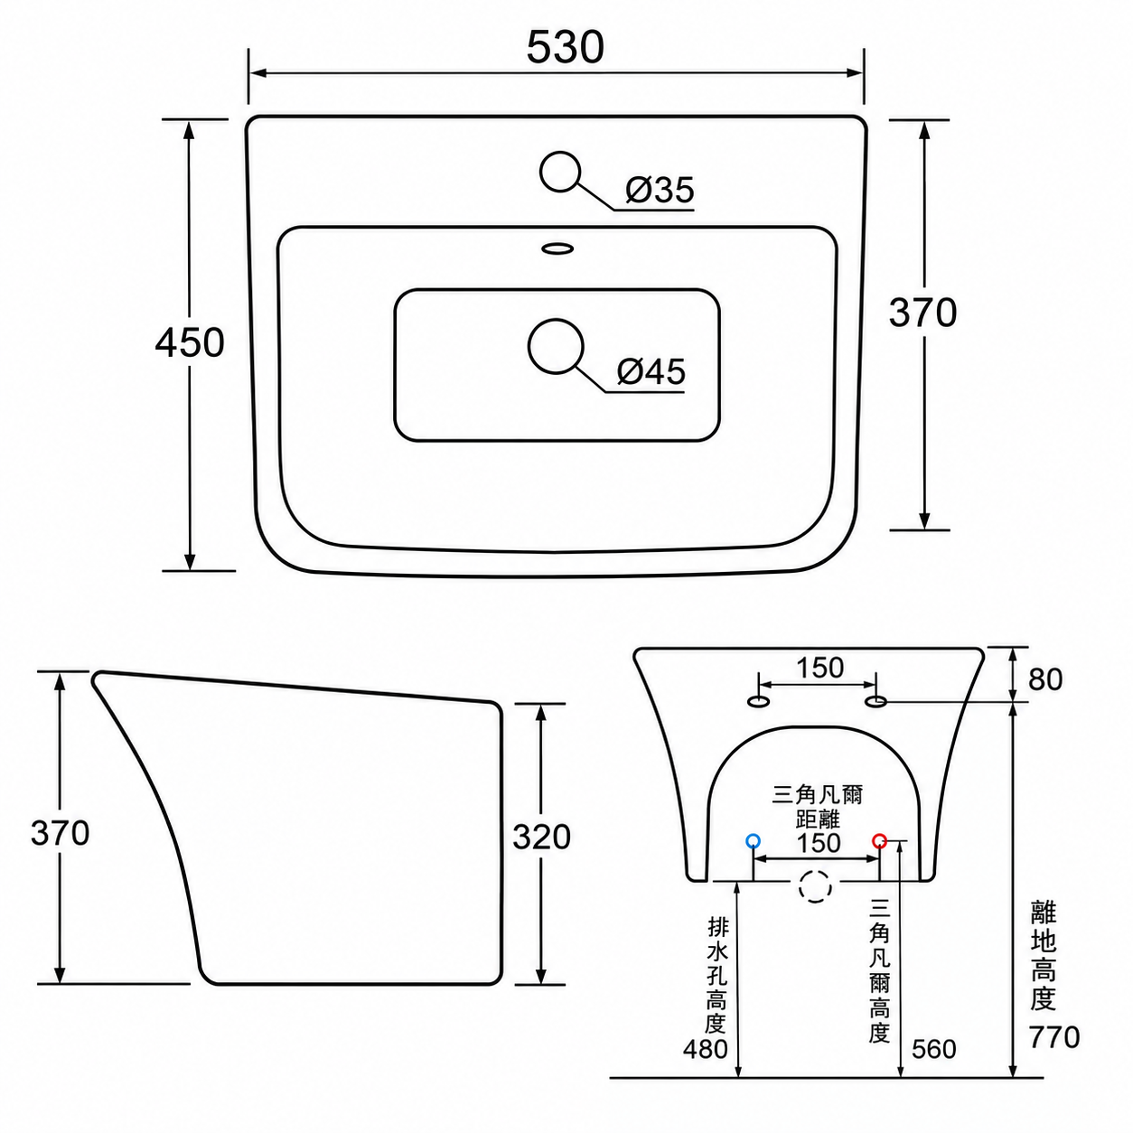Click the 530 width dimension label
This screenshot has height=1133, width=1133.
[565, 48]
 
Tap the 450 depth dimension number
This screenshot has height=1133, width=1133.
[190, 342]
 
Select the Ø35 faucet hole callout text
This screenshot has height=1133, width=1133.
[660, 190]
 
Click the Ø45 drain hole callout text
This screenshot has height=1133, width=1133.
[651, 371]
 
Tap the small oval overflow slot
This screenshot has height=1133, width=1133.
[557, 248]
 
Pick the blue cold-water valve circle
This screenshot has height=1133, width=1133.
[753, 841]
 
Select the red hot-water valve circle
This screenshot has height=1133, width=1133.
[880, 841]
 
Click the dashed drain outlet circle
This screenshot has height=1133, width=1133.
[816, 886]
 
